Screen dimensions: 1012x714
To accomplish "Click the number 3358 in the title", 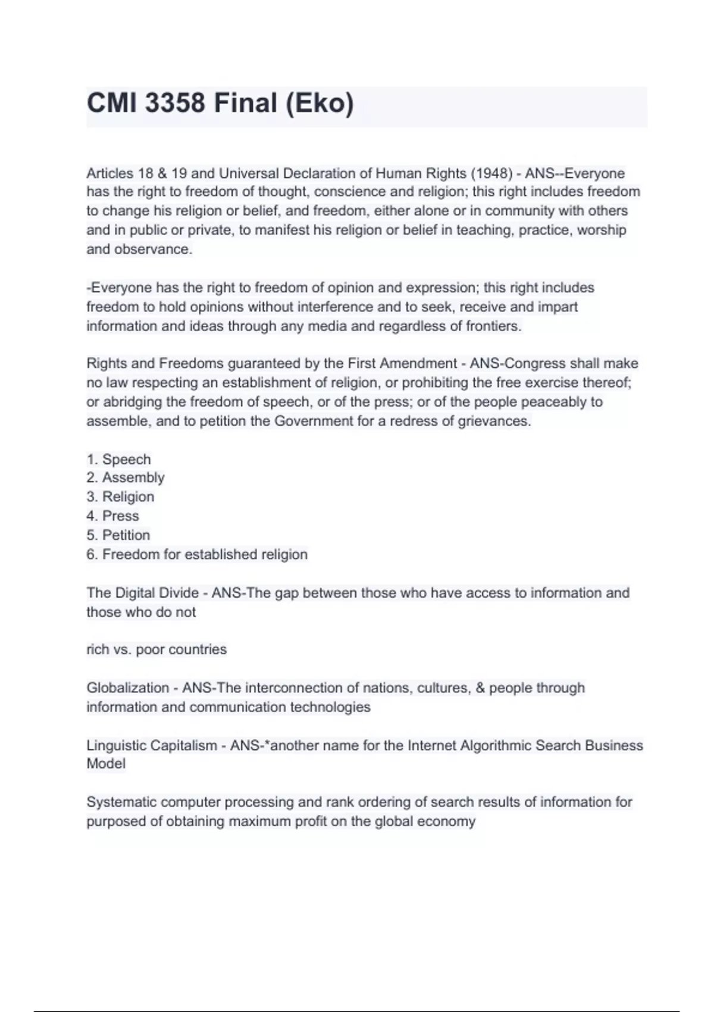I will [x=175, y=104].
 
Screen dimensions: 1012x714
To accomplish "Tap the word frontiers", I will [x=491, y=326].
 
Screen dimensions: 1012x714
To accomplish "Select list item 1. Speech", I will [x=119, y=460].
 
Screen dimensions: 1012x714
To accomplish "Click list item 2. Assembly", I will [x=126, y=477].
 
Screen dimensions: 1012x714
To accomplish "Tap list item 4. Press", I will [x=113, y=516].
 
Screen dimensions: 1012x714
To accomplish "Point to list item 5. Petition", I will [x=118, y=535].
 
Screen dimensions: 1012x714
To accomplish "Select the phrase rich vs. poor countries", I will [x=156, y=649].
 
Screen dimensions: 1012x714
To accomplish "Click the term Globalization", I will [x=127, y=688].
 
